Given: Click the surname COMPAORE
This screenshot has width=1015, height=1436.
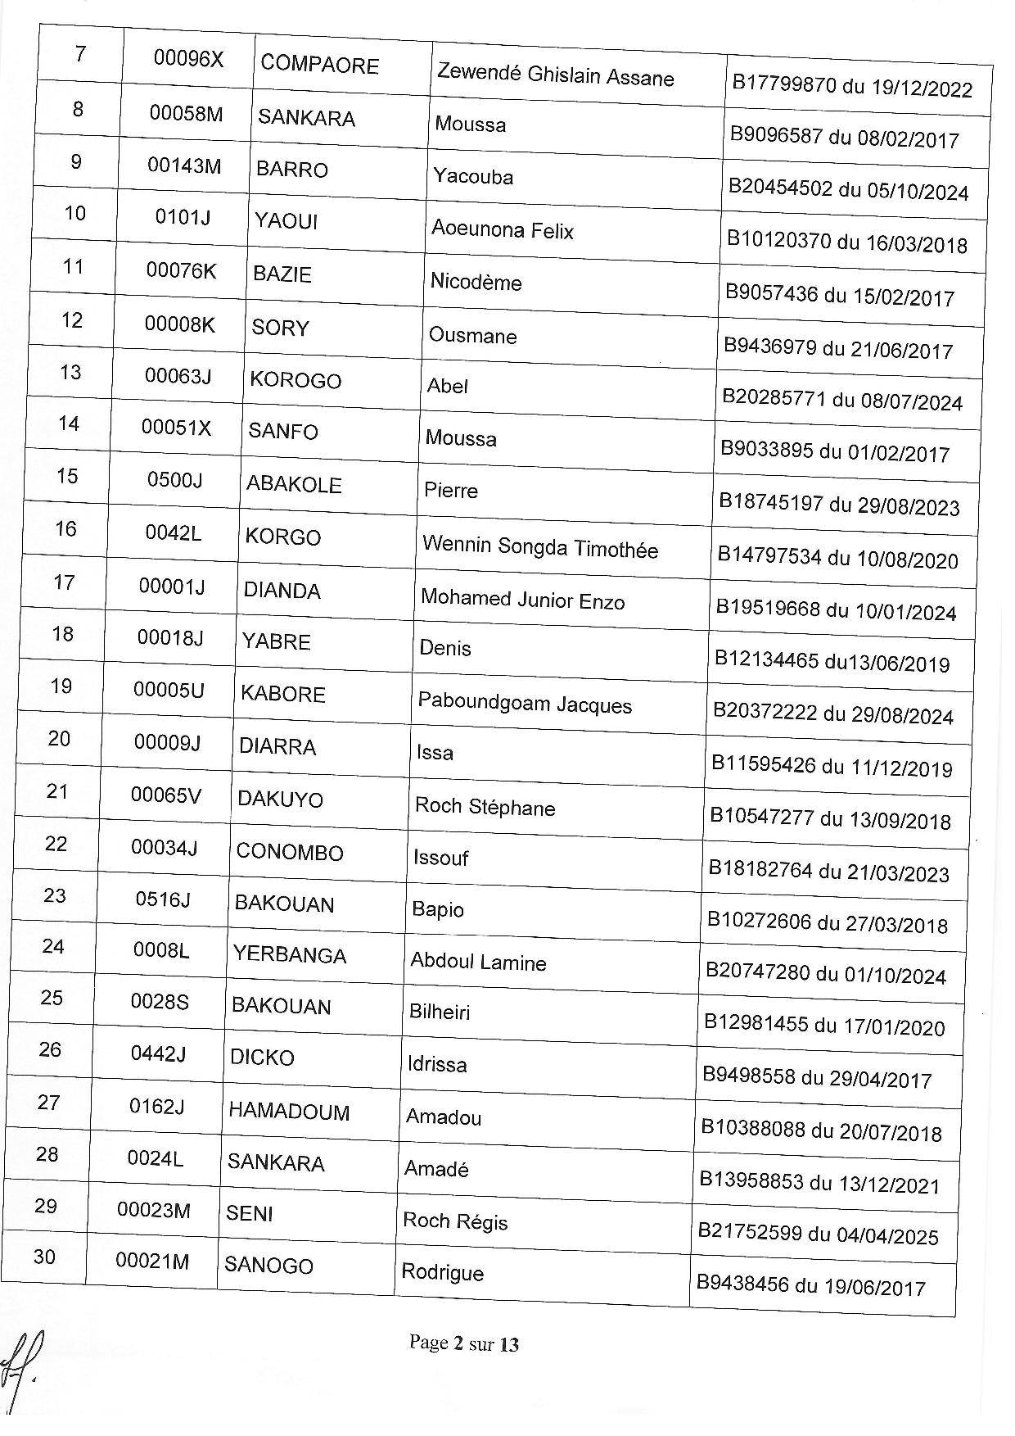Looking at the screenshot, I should tap(319, 66).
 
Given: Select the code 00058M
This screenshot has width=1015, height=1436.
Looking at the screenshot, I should tap(186, 113).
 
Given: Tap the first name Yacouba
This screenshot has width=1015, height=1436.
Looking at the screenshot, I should tap(473, 176).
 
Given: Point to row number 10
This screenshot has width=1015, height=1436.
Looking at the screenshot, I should tap(74, 214).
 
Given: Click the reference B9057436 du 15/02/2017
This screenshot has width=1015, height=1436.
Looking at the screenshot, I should tap(840, 295).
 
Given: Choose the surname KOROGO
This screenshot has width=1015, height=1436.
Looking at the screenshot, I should tap(295, 380).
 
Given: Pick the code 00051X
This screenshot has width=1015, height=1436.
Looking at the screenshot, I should tap(177, 428).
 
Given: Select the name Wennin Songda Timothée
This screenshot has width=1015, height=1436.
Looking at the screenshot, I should tap(539, 548).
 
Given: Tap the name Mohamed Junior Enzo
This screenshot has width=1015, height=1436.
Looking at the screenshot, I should tap(522, 600).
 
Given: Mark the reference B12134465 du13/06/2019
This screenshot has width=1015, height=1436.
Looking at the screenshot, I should tap(832, 661).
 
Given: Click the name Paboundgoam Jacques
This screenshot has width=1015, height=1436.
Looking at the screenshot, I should tap(525, 704).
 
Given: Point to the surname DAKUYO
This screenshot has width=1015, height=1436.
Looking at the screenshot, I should tap(280, 800).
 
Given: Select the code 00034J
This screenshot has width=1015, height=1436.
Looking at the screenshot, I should tap(165, 847).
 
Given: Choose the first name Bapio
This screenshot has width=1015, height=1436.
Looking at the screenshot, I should tap(438, 910).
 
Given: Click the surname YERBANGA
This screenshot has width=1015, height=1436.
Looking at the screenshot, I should tap(289, 955).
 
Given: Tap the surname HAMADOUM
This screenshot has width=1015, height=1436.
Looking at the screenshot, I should tap(289, 1112).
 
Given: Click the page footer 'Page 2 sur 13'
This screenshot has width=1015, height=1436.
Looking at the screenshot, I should tap(464, 1343).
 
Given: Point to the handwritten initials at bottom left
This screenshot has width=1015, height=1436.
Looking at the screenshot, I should tap(22, 1361).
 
